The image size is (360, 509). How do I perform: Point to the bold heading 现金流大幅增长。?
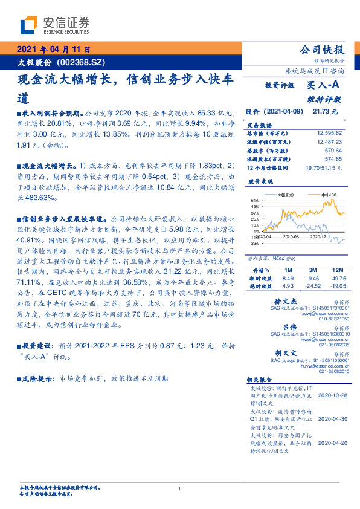(x=48, y=164)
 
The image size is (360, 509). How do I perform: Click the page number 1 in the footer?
(x=179, y=488)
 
